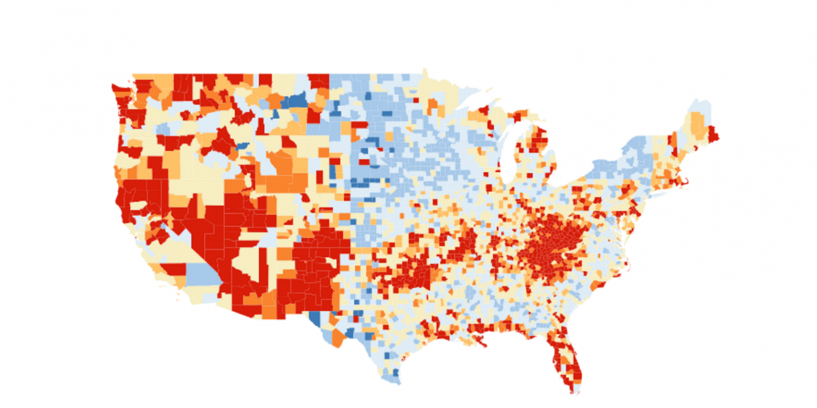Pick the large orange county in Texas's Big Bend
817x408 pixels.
click(x=338, y=338)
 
